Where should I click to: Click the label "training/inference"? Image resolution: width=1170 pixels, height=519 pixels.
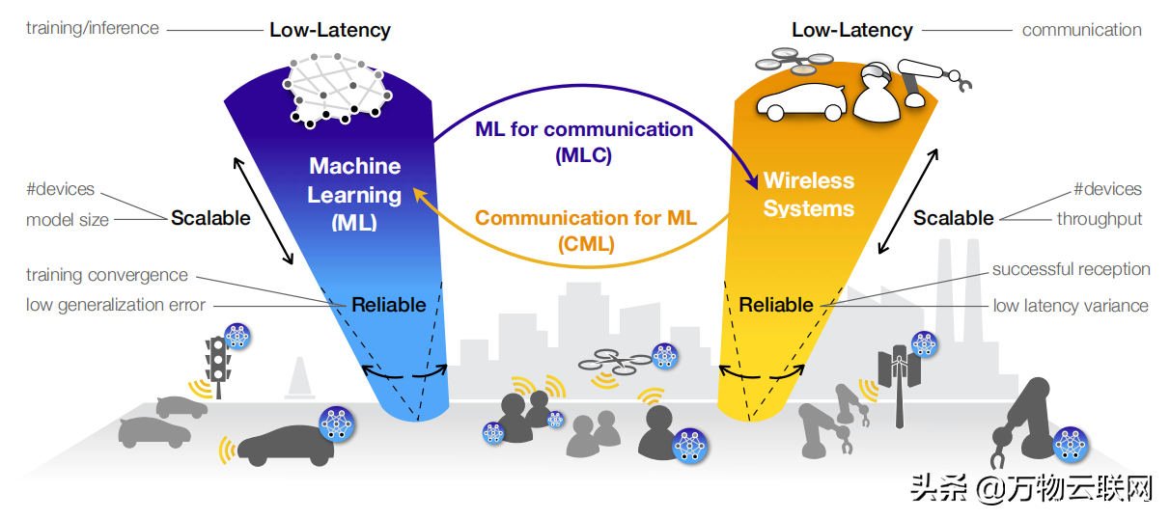93,28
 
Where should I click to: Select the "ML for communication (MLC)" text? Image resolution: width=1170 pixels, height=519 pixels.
584,141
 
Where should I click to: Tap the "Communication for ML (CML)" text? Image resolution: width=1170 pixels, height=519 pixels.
585,231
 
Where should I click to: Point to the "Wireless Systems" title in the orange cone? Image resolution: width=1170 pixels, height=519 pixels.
809,194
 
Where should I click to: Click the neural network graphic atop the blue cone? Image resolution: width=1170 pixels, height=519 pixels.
339,93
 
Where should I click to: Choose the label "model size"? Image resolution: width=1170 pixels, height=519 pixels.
68,220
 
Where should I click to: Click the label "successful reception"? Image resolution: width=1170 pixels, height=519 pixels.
1071,269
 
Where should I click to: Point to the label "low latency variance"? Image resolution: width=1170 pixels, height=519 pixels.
1071,306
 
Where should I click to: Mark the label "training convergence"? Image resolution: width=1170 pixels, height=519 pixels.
107,275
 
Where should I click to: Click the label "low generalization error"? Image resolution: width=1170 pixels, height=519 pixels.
116,305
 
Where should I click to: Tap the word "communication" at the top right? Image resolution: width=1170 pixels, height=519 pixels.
1081,30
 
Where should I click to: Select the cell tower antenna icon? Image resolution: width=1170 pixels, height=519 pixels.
899,381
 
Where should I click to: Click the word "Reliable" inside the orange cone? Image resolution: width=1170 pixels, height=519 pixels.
776,305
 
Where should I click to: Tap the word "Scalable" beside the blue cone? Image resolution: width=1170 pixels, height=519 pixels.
210,218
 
